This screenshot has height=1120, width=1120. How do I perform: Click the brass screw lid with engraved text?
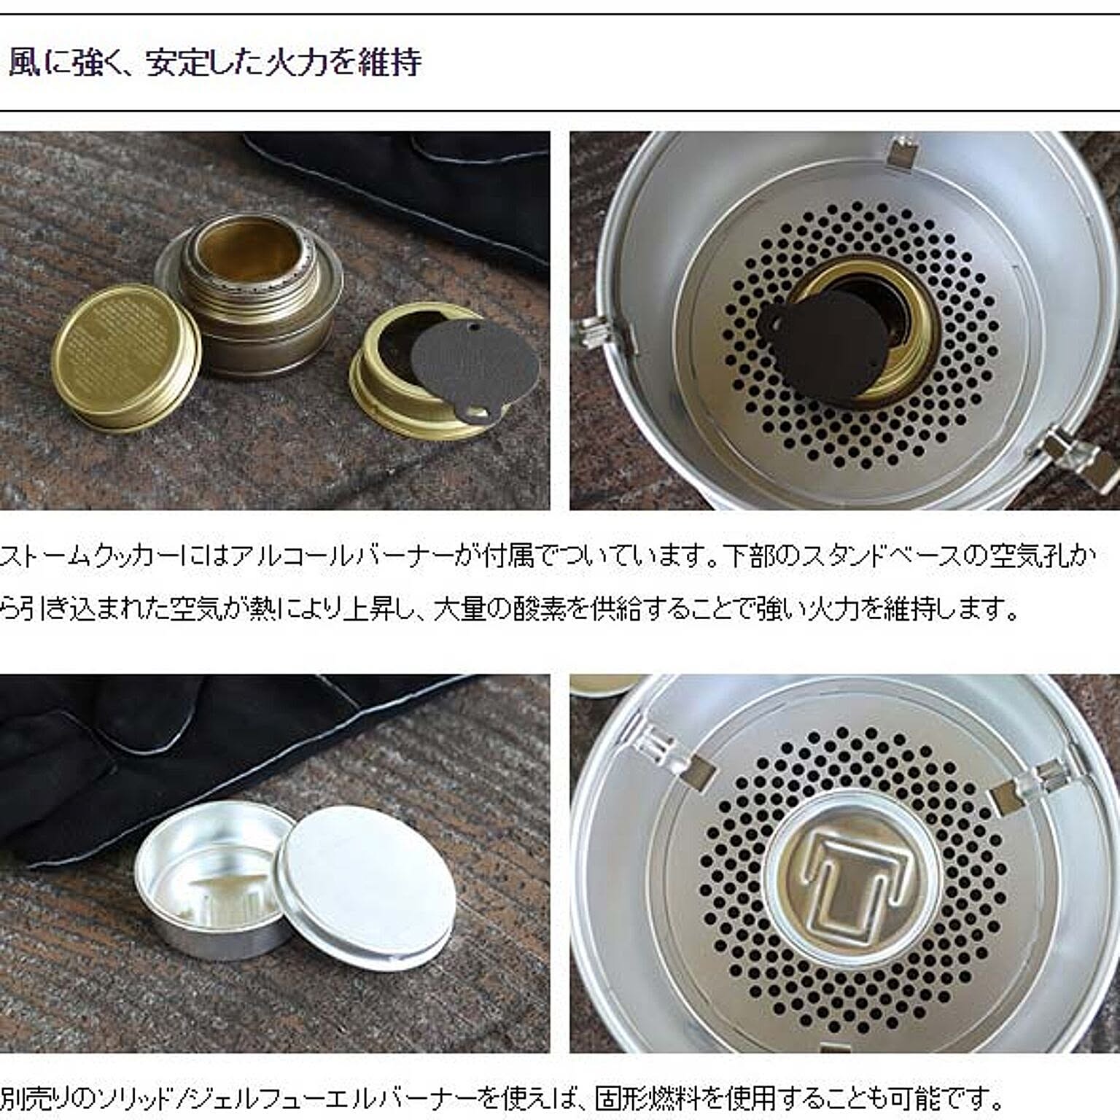(x=125, y=358)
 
